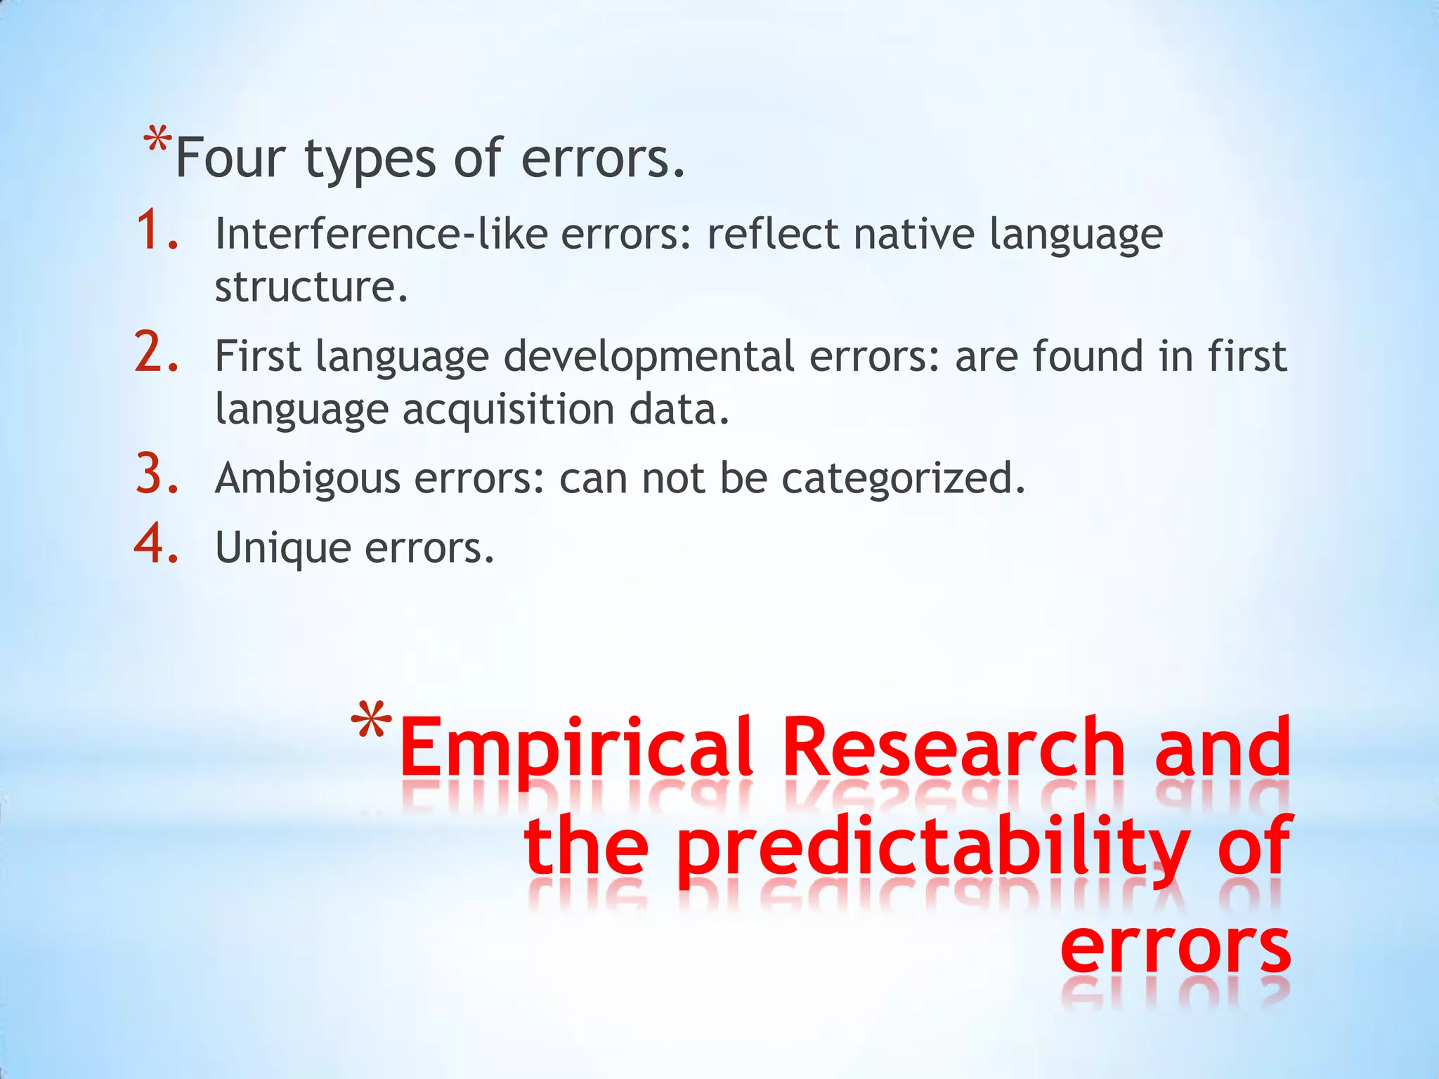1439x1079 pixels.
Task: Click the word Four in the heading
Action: [229, 158]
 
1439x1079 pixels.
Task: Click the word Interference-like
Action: [381, 233]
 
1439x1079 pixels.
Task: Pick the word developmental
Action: [649, 355]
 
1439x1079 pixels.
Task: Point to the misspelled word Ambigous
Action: [307, 479]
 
